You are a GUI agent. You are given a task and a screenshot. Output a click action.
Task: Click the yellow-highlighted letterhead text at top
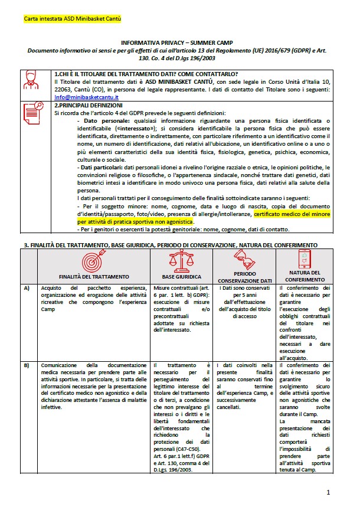pyautogui.click(x=73, y=19)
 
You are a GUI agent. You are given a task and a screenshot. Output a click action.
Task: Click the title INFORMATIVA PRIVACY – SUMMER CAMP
pyautogui.click(x=178, y=44)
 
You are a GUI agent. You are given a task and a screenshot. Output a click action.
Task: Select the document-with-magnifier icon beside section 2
pyautogui.click(x=31, y=112)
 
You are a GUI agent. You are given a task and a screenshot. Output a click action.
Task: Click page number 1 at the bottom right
pyautogui.click(x=328, y=492)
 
